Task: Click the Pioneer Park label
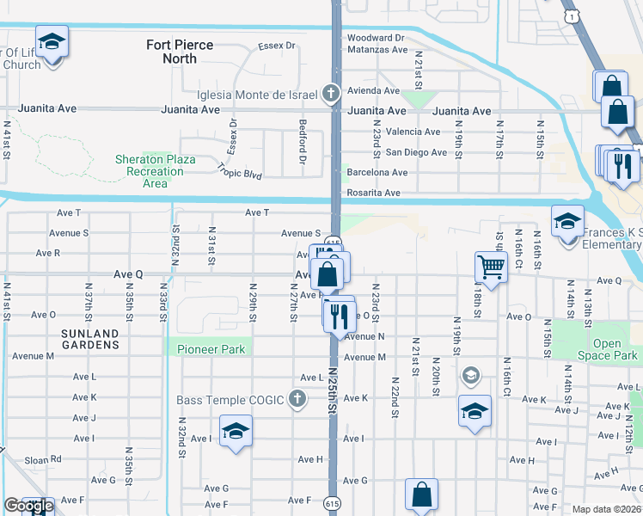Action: click(211, 349)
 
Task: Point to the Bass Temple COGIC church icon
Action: click(297, 399)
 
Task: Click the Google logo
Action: click(28, 506)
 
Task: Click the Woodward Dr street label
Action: click(375, 38)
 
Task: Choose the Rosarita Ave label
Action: click(373, 193)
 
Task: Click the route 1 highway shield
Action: click(570, 16)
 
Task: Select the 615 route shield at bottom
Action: click(332, 501)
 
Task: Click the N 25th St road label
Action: click(333, 390)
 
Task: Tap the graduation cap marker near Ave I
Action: click(236, 432)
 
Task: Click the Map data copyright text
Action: click(607, 509)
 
